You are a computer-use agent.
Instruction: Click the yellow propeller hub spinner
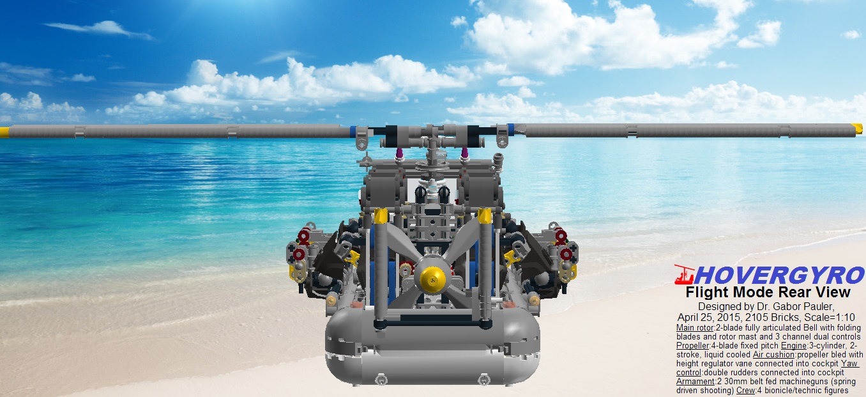click(432, 277)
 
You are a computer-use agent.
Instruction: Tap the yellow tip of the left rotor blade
click(4, 132)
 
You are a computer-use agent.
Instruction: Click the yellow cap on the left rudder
click(381, 216)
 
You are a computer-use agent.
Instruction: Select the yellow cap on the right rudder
click(485, 216)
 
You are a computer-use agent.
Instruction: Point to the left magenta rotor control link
click(399, 153)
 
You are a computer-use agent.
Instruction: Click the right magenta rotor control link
click(464, 153)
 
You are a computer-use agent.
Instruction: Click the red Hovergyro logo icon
click(685, 274)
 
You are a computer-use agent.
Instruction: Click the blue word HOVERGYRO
click(779, 275)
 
